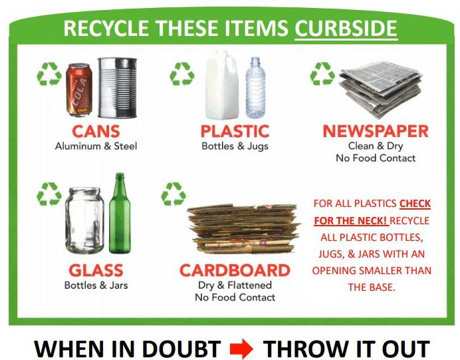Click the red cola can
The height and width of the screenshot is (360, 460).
79,90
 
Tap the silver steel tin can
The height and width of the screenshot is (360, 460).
118,87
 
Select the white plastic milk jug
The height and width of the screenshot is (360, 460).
222,85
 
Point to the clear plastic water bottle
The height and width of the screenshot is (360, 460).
255,87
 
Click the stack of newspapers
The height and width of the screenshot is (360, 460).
381,89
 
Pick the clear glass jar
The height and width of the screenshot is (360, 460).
84,220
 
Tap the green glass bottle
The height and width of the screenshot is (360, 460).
120,213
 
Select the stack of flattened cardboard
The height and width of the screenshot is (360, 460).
243,229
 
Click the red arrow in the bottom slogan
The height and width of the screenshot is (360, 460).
241,349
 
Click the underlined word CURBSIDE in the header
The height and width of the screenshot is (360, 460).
346,29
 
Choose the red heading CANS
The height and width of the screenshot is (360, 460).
96,131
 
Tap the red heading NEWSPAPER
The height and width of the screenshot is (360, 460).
376,131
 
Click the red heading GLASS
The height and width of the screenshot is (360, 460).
96,270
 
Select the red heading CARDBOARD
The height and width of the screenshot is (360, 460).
235,270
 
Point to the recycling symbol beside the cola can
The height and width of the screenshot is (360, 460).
49,74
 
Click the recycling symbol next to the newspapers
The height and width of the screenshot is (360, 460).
322,74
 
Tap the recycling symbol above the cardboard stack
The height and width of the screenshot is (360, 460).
173,194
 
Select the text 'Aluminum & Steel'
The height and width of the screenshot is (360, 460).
96,146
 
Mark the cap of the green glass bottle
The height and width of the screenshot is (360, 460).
120,175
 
